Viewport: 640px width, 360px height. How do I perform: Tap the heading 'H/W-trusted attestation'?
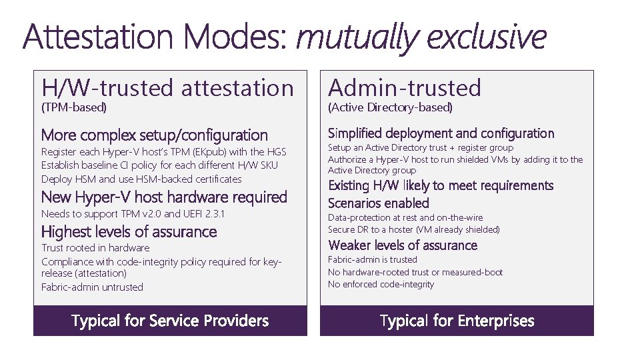point(167,87)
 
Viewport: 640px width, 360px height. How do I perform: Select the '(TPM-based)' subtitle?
point(74,107)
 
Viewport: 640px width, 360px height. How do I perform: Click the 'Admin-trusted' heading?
point(405,87)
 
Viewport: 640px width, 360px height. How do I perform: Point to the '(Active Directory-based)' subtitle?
point(390,107)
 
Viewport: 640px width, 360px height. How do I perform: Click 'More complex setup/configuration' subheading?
point(154,135)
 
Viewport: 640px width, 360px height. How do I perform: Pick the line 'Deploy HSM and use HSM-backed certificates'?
point(141,179)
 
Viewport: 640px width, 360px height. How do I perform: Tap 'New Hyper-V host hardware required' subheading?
point(164,197)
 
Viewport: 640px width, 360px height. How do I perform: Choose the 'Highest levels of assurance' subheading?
point(129,232)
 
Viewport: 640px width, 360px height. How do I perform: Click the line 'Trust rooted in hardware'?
point(95,248)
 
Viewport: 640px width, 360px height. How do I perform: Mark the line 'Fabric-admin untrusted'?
point(92,287)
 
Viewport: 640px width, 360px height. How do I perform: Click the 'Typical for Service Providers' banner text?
point(170,321)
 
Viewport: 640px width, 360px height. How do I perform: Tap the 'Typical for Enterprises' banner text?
point(457,321)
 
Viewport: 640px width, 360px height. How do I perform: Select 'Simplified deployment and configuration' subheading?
point(441,133)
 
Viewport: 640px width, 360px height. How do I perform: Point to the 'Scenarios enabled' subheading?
point(378,203)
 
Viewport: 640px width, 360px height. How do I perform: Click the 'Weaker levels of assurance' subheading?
point(403,245)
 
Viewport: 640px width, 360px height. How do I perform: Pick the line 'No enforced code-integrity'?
point(381,284)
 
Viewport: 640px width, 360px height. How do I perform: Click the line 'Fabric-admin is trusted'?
point(372,259)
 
